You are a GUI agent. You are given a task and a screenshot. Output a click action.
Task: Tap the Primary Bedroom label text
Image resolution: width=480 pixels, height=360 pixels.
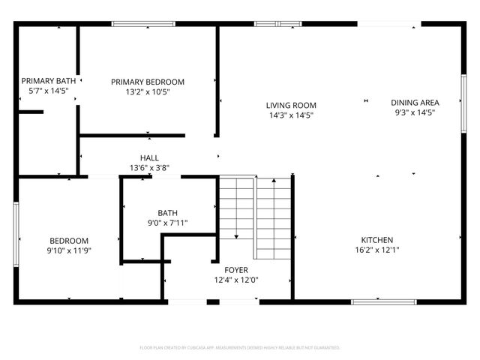[148, 82]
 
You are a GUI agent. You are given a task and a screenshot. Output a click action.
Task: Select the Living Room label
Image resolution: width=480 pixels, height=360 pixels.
[291, 106]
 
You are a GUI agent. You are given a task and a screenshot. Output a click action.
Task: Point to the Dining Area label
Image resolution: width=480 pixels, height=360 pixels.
[415, 102]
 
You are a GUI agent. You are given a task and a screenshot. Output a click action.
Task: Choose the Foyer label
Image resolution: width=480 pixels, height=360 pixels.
[236, 270]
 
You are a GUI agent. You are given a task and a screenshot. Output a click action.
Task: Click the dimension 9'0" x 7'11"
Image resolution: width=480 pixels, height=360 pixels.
[167, 223]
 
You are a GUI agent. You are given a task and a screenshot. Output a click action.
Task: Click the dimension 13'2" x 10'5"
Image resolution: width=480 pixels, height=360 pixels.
[148, 92]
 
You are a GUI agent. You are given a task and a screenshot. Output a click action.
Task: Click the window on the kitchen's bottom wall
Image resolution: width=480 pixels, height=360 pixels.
[373, 301]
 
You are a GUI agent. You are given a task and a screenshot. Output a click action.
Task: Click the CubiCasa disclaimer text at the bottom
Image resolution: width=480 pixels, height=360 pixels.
[240, 348]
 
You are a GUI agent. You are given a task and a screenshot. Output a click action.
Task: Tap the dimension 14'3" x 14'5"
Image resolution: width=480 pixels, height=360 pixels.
[291, 115]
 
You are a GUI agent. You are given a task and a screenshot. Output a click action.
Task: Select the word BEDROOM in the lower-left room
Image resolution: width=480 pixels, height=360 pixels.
[69, 240]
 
